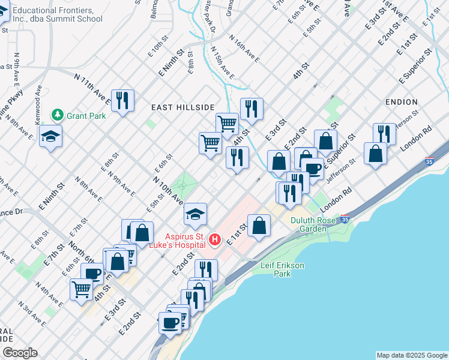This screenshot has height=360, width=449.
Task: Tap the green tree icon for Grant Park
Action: [58, 114]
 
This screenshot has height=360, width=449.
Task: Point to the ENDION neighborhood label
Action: [402, 102]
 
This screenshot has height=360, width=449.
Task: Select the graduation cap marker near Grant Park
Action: [51, 137]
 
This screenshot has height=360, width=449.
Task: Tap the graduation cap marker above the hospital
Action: [195, 214]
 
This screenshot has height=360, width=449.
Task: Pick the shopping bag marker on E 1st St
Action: [259, 226]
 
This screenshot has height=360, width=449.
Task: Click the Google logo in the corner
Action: [20, 353]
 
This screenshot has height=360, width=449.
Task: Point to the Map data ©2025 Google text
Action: [412, 355]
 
